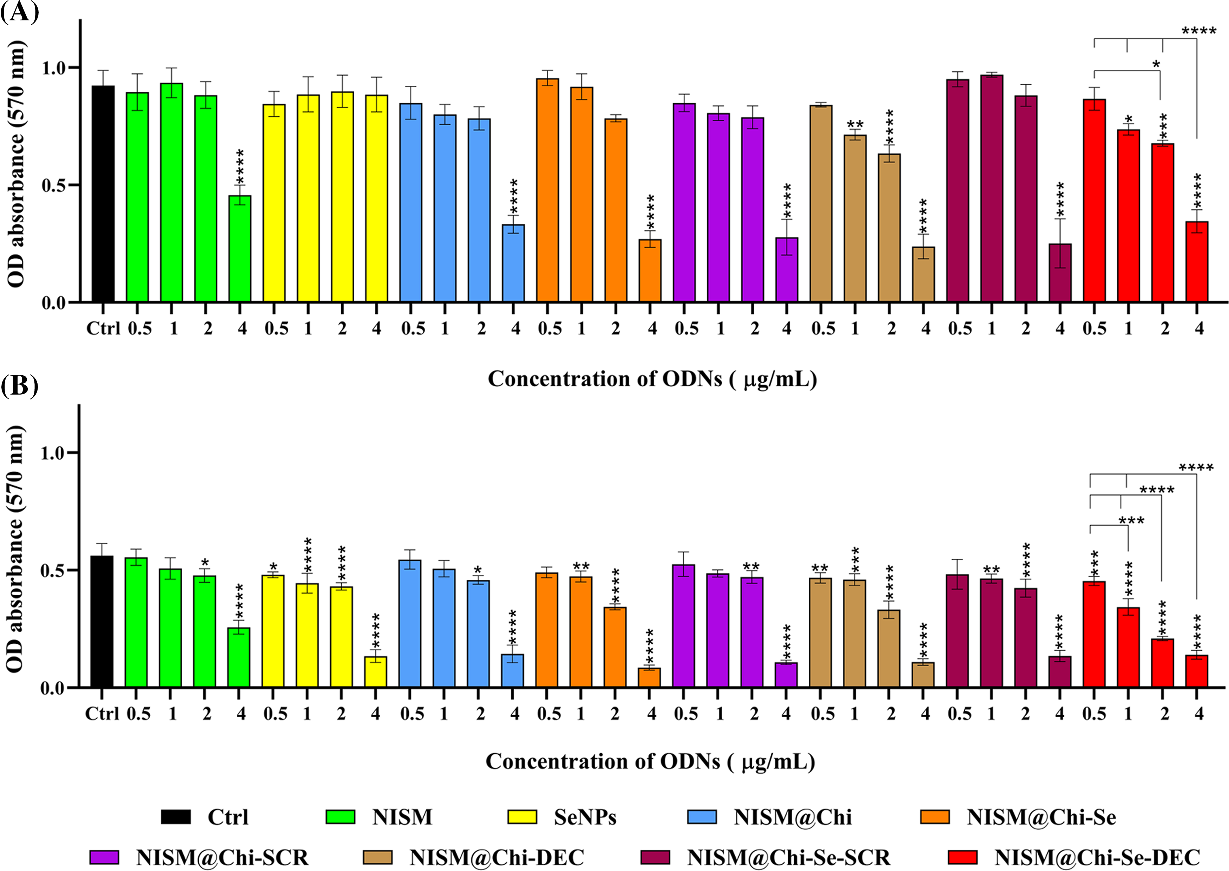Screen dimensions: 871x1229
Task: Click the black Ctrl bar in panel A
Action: (103, 194)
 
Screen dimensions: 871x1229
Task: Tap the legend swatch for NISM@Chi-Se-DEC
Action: (962, 857)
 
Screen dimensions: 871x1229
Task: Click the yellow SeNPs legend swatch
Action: (522, 817)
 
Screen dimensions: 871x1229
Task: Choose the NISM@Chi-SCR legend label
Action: (222, 857)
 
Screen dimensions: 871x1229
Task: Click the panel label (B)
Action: (19, 385)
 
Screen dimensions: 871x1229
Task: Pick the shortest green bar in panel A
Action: (239, 249)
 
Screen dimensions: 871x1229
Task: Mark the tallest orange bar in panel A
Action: (547, 190)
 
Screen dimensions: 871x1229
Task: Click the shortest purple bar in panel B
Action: (786, 675)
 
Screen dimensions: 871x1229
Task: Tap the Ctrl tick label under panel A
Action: (103, 328)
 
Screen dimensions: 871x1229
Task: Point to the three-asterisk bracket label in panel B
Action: (1131, 521)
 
